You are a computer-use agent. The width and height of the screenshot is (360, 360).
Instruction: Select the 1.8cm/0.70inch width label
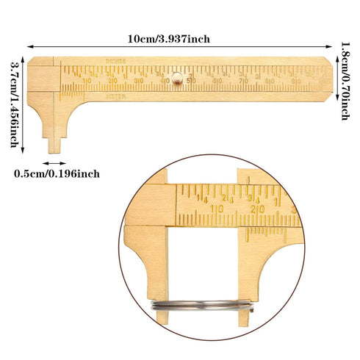(x=345, y=81)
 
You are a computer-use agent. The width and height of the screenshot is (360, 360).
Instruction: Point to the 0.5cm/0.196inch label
(x=68, y=173)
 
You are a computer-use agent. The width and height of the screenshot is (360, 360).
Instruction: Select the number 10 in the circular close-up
(x=217, y=209)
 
